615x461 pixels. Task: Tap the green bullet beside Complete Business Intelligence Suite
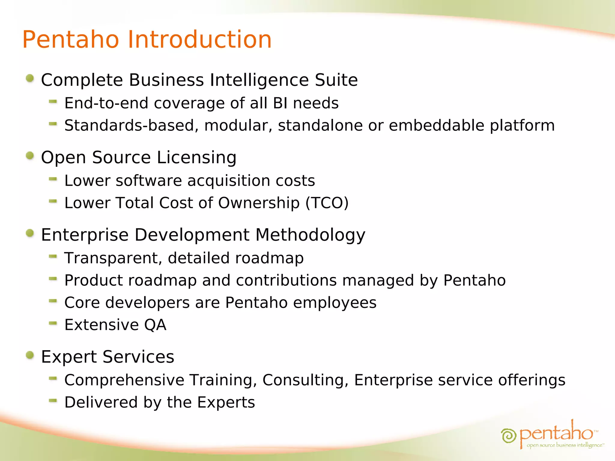pyautogui.click(x=30, y=79)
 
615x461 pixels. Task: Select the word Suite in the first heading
pyautogui.click(x=336, y=80)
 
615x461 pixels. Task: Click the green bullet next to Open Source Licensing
pyautogui.click(x=30, y=156)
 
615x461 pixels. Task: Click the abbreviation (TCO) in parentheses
pyautogui.click(x=327, y=203)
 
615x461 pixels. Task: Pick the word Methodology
pyautogui.click(x=310, y=235)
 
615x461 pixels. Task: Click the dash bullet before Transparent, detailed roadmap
pyautogui.click(x=53, y=256)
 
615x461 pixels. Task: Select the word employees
pyautogui.click(x=335, y=303)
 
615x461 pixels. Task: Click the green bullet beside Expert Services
pyautogui.click(x=30, y=355)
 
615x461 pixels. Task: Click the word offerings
pyautogui.click(x=532, y=380)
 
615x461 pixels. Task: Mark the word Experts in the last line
pyautogui.click(x=226, y=402)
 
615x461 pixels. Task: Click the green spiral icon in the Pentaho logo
pyautogui.click(x=508, y=435)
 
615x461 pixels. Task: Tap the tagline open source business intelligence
pyautogui.click(x=565, y=445)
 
